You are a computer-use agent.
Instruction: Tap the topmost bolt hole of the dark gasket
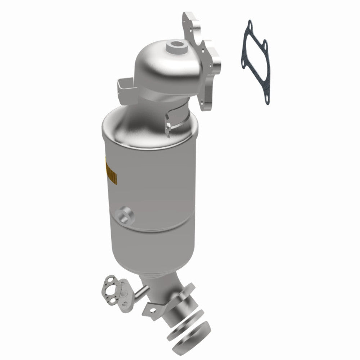(248, 24)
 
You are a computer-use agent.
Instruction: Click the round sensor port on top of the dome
(177, 46)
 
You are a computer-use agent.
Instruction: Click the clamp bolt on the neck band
(169, 125)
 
